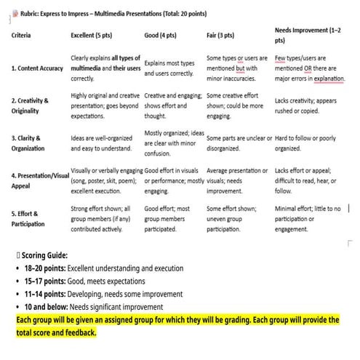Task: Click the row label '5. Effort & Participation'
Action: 29,219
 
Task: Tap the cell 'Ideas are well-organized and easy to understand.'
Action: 104,143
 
